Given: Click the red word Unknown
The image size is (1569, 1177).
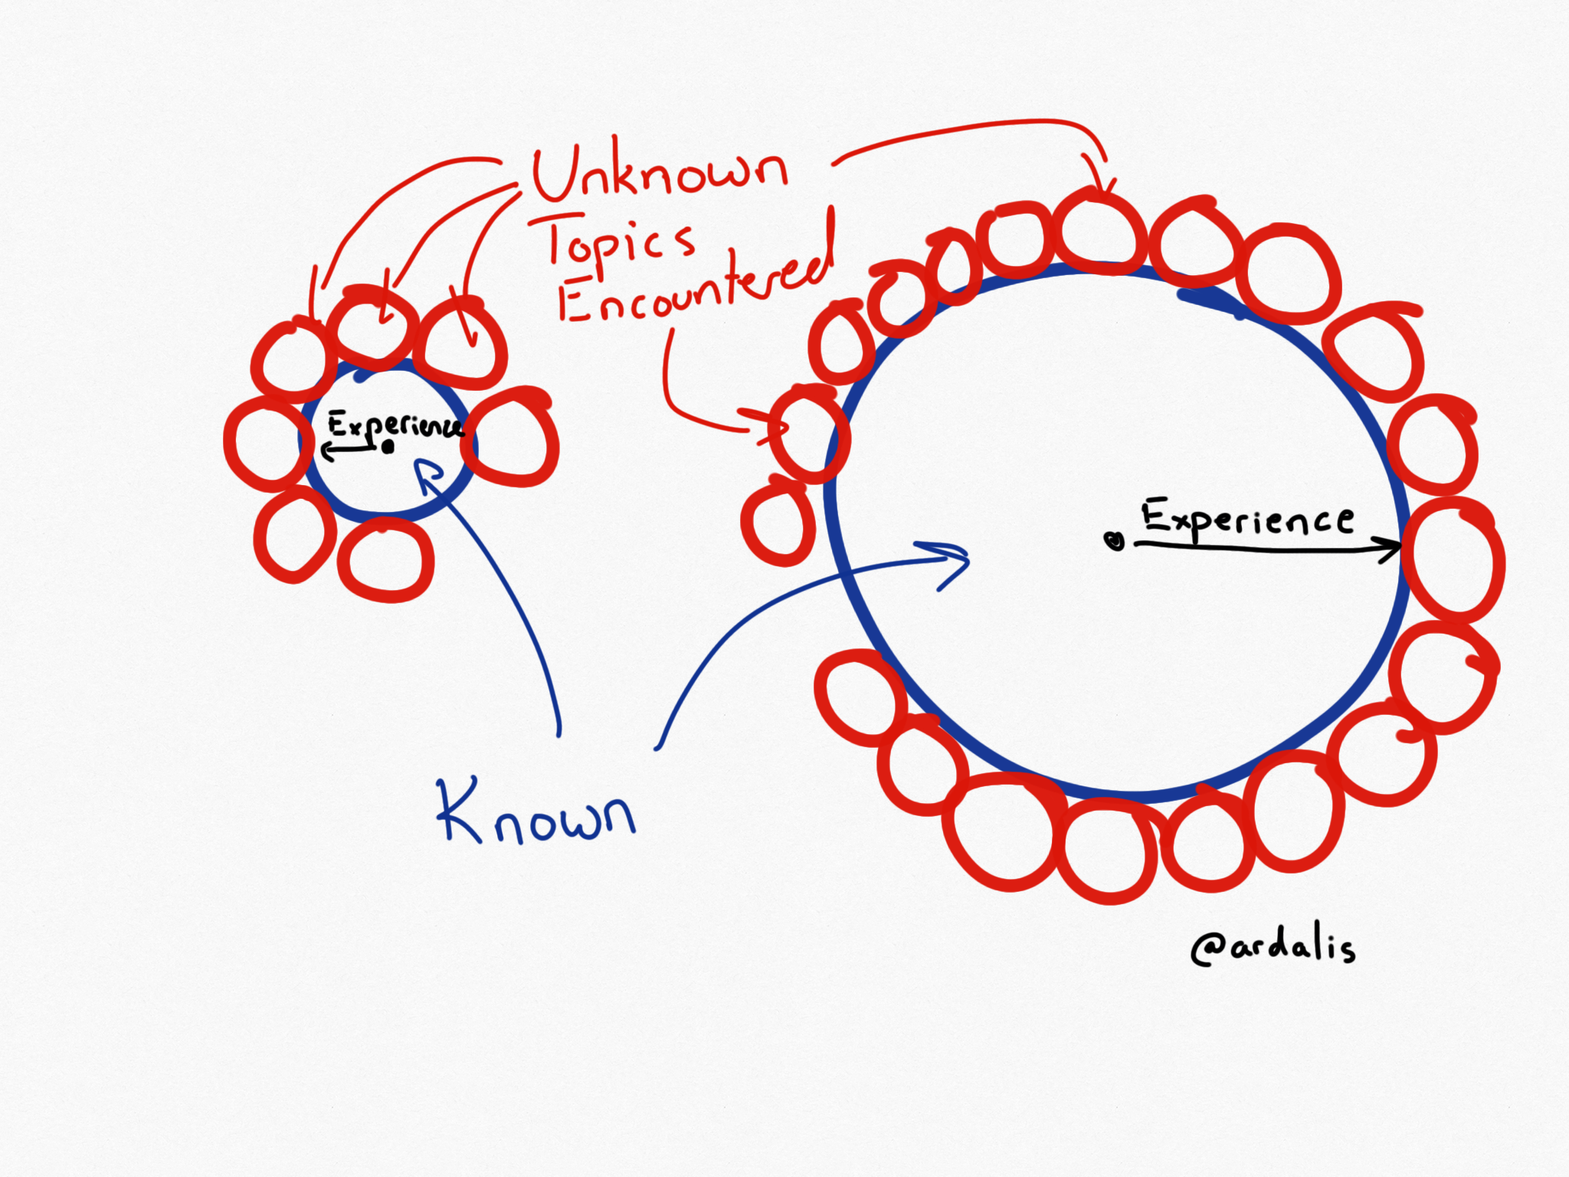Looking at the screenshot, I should (659, 173).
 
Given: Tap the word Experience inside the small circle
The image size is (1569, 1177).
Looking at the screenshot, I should (395, 425).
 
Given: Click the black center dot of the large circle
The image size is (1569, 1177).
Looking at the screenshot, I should (1115, 541).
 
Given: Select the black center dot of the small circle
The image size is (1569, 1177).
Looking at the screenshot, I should (388, 447).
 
